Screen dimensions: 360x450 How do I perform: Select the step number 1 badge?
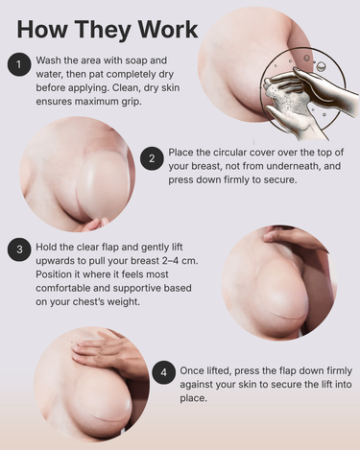(x=19, y=64)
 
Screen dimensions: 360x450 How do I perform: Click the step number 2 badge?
(x=152, y=158)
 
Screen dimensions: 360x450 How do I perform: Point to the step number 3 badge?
(x=19, y=249)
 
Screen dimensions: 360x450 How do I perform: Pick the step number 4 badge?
(x=163, y=372)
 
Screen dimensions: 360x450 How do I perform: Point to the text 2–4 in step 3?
(x=171, y=261)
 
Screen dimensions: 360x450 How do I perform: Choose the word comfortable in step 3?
(x=63, y=288)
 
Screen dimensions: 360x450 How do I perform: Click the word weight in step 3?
(x=122, y=302)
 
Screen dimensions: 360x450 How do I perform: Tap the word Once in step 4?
(x=191, y=370)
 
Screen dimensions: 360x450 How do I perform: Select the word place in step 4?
(x=193, y=398)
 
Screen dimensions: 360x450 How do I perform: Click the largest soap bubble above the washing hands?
(x=321, y=66)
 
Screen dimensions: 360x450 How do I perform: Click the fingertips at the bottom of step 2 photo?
(x=95, y=224)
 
